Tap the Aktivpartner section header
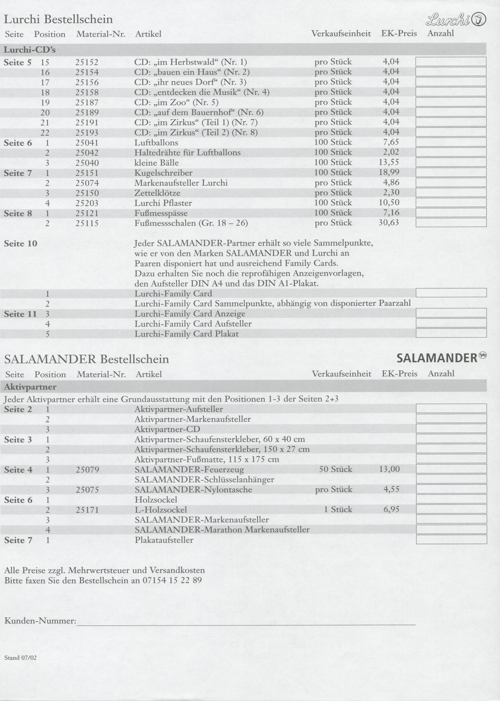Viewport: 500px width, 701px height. point(30,387)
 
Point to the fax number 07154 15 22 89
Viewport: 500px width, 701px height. point(172,580)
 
